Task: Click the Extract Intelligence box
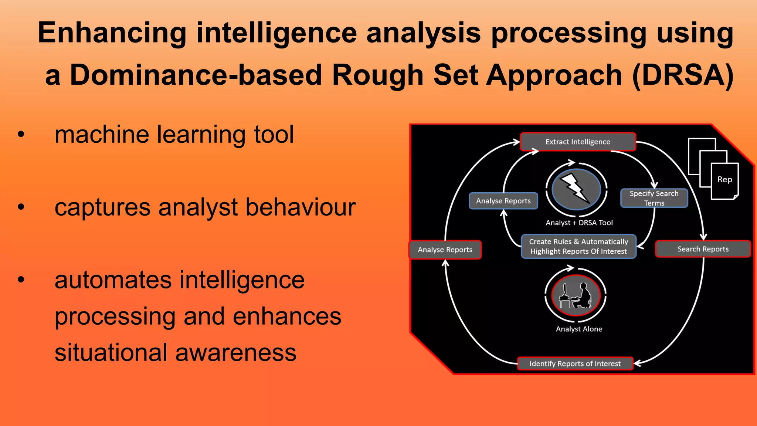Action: point(578,142)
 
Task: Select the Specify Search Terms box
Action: point(654,198)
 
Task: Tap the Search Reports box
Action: point(703,249)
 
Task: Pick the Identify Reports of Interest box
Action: point(575,364)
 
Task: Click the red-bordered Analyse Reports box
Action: point(445,250)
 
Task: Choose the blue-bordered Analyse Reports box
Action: point(503,201)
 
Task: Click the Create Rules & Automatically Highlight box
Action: point(578,246)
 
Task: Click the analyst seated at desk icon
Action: point(576,295)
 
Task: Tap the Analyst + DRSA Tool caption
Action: point(579,223)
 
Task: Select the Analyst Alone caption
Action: point(579,329)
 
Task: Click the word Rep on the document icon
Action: point(724,180)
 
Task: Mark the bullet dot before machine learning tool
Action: point(21,135)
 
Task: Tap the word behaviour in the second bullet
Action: point(300,207)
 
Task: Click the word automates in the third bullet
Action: point(113,280)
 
